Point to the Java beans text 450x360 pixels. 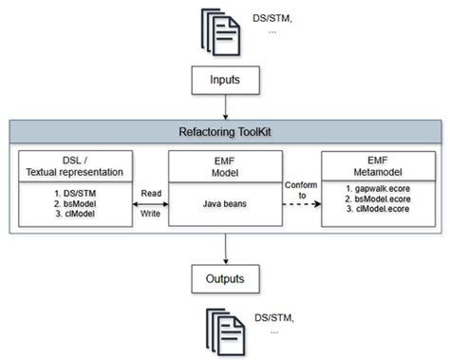224,203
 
